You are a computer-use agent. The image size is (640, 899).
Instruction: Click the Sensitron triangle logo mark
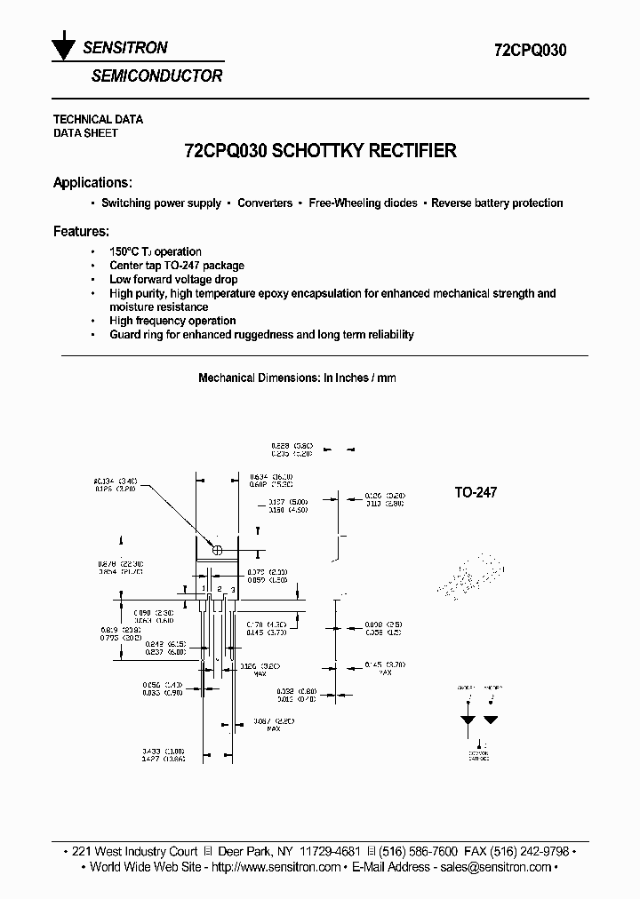(63, 50)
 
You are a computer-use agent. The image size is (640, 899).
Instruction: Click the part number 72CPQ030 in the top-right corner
(531, 51)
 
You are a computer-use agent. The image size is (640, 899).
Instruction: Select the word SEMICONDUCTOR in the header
(156, 76)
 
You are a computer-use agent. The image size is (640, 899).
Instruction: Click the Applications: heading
(92, 183)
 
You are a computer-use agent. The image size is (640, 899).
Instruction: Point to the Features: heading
(81, 231)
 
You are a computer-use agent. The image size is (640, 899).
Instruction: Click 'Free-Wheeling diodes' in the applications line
(363, 203)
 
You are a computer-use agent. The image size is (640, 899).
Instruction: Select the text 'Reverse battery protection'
(497, 203)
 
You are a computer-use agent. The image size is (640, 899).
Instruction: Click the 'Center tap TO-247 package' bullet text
(176, 266)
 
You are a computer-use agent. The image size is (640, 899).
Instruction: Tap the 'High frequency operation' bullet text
(172, 321)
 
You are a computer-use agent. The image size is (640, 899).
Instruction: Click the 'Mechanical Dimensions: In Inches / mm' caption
(297, 378)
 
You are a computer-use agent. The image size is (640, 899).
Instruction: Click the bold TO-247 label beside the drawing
(476, 492)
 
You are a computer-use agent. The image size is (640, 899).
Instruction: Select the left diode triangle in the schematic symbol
(468, 720)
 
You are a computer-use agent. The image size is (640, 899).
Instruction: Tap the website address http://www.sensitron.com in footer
(276, 867)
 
